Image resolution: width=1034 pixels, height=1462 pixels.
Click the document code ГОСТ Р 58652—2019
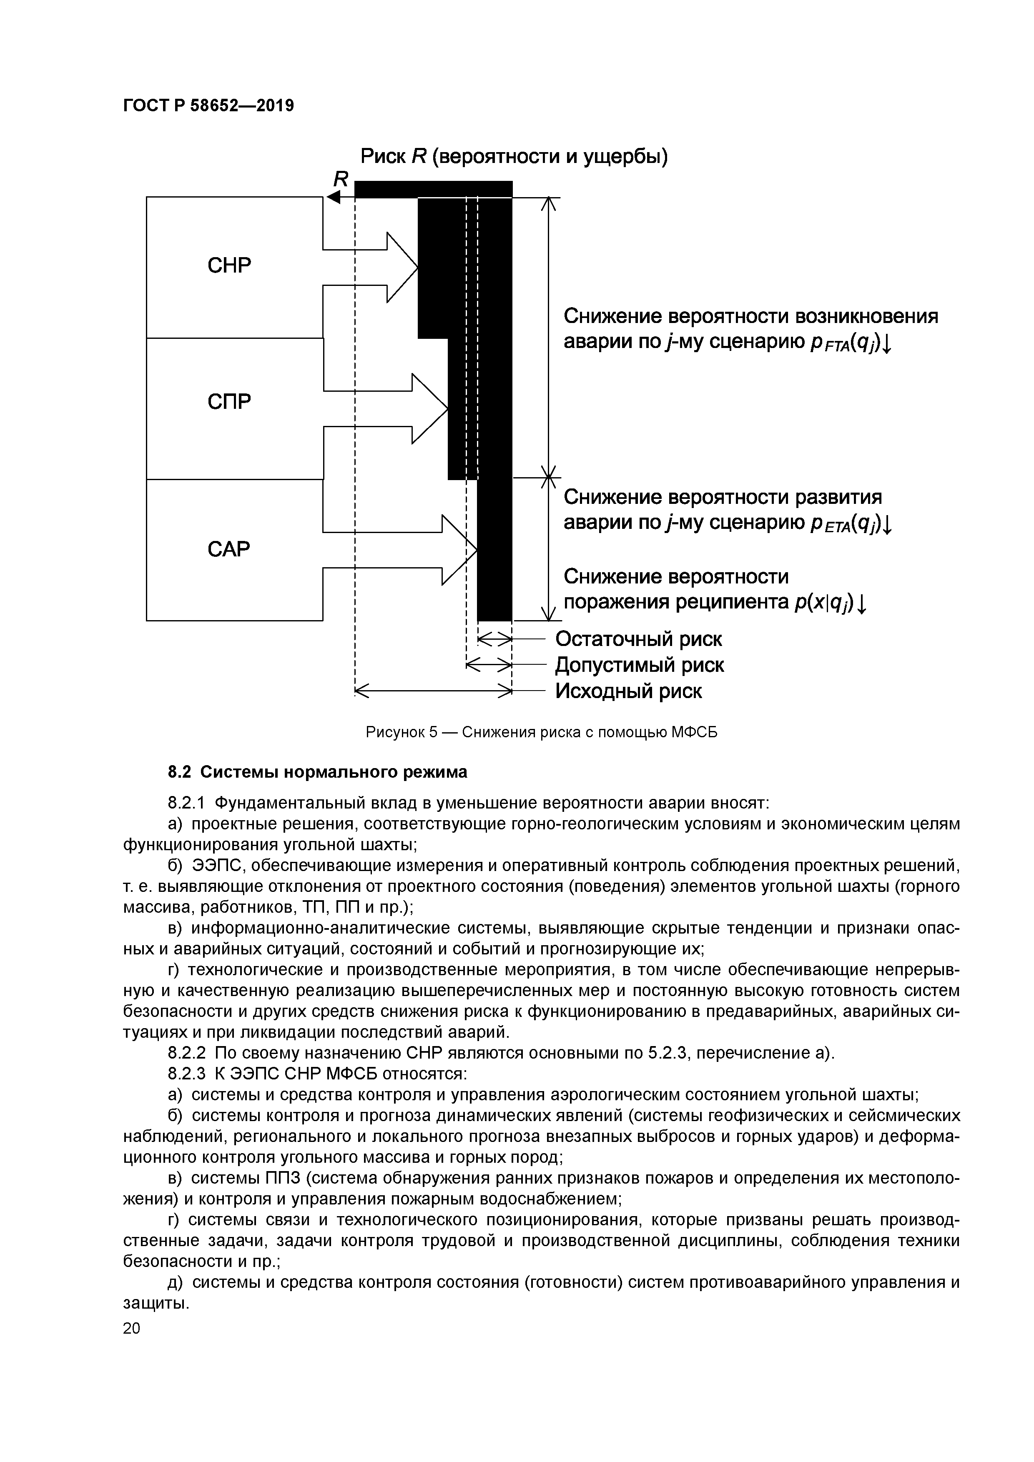click(x=208, y=106)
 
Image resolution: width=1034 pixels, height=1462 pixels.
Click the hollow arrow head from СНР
click(x=402, y=268)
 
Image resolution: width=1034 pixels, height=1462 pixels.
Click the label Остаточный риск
click(x=639, y=638)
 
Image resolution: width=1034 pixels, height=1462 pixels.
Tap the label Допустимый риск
click(x=640, y=665)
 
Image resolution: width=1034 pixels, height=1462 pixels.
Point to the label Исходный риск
click(x=629, y=691)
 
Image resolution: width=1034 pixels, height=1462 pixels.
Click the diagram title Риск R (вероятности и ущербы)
click(x=514, y=156)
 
